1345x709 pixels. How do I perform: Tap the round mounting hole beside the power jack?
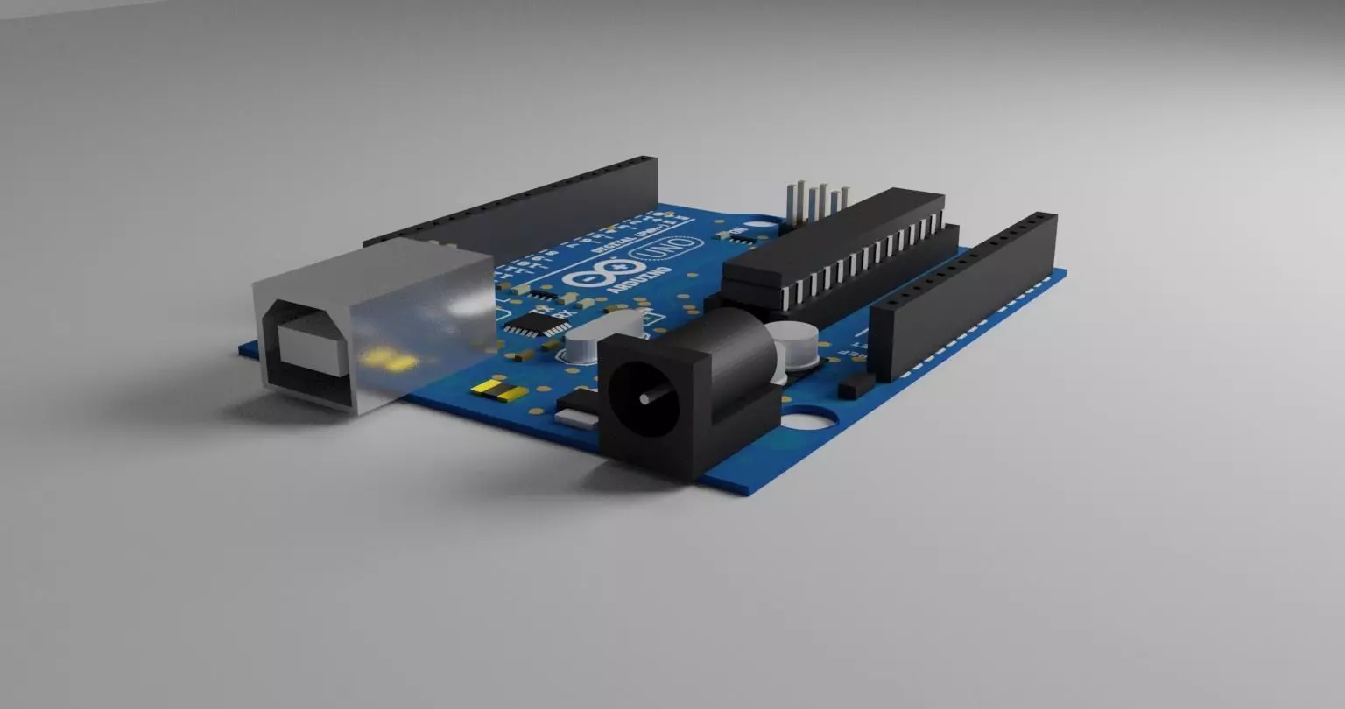[807, 419]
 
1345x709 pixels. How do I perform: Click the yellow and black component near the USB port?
[499, 390]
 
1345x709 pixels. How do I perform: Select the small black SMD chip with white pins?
[537, 325]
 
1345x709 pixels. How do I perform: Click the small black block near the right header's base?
[856, 387]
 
